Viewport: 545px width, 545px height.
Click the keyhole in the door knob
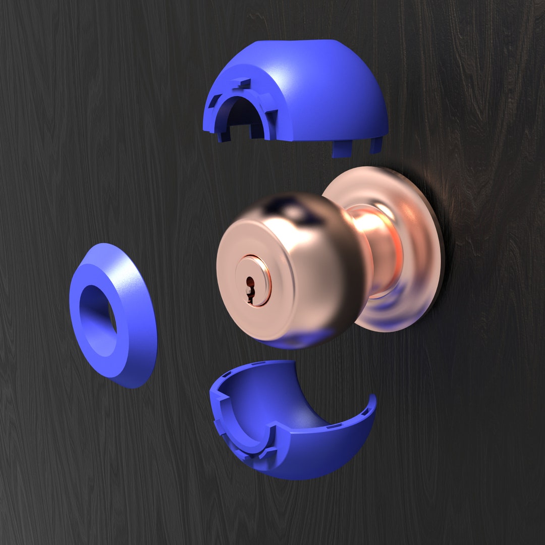tap(249, 288)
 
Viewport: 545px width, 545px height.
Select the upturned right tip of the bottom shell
tap(372, 401)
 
